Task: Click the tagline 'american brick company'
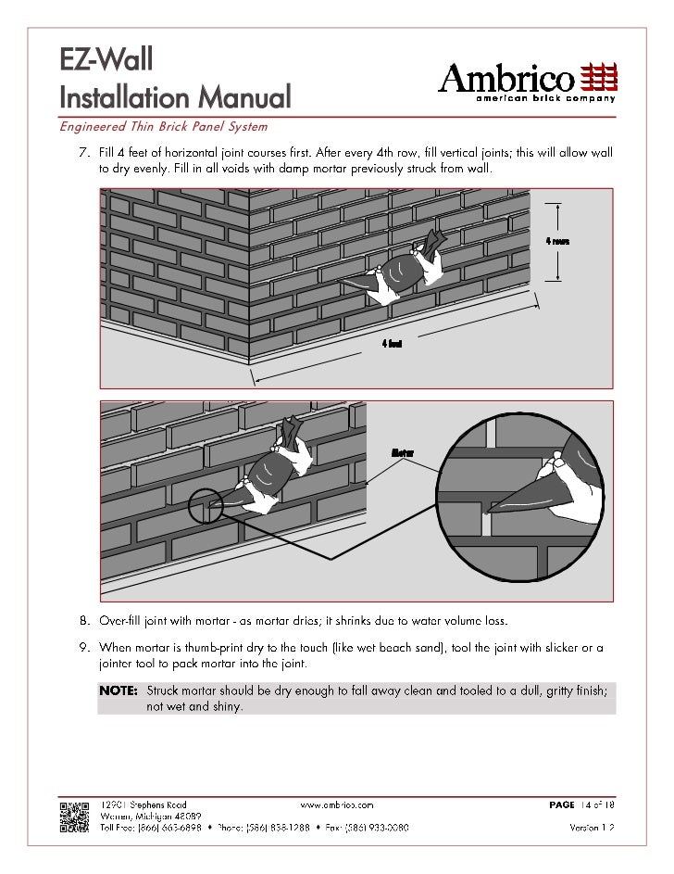click(x=545, y=98)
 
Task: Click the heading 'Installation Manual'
click(x=175, y=95)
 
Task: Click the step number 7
click(x=81, y=150)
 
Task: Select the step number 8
click(x=81, y=619)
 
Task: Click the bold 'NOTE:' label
click(x=119, y=691)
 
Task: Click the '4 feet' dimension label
click(x=392, y=344)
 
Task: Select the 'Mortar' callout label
click(x=402, y=452)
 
